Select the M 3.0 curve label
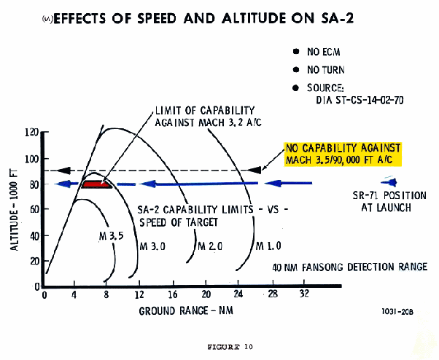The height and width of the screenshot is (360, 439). (152, 247)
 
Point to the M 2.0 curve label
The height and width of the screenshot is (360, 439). (211, 247)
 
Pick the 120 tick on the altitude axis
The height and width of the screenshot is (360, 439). (31, 133)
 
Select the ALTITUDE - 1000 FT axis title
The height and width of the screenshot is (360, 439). (15, 209)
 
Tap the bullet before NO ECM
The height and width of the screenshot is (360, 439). (295, 52)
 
